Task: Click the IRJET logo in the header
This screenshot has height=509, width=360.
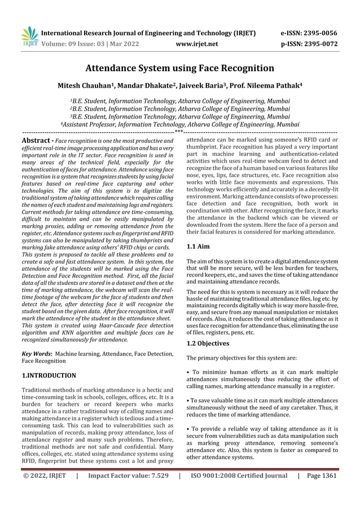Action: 29,36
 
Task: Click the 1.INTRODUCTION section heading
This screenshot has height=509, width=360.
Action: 48,375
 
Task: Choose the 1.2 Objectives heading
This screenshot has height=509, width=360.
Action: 207,343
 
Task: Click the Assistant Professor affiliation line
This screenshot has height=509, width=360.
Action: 179,125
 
